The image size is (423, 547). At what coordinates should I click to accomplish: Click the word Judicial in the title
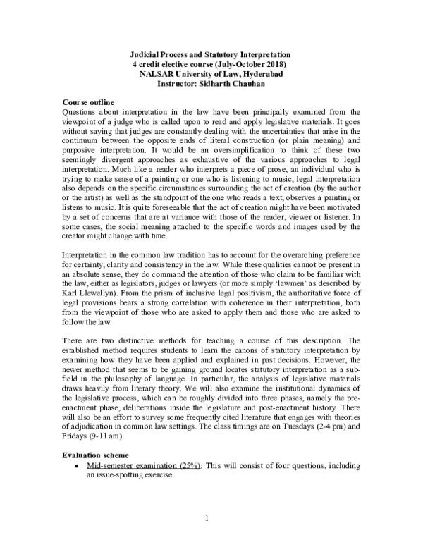coord(147,55)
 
